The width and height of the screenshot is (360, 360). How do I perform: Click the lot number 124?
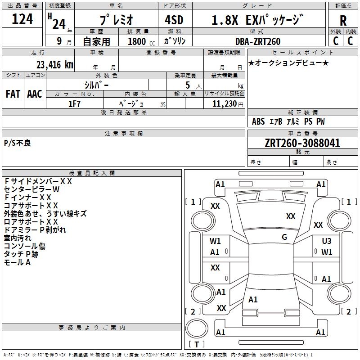(x=22, y=19)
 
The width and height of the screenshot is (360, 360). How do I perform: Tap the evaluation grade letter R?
(x=343, y=21)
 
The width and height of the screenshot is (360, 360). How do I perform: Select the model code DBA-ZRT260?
(x=258, y=41)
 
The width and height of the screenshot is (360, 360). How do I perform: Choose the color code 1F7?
(x=74, y=103)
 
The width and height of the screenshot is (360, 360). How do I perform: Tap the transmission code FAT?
(x=13, y=94)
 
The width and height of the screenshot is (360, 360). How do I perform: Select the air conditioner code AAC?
(x=35, y=94)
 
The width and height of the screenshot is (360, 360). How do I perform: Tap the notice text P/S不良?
(x=18, y=143)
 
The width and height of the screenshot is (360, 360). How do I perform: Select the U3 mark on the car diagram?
(x=326, y=241)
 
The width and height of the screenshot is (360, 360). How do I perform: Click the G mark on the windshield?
(x=284, y=237)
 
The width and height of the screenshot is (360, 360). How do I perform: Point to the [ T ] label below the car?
(x=196, y=345)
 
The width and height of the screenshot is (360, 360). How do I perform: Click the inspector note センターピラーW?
(x=31, y=189)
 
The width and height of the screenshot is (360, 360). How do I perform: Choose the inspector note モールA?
(x=17, y=262)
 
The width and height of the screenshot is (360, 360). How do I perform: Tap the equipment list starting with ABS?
(x=288, y=121)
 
